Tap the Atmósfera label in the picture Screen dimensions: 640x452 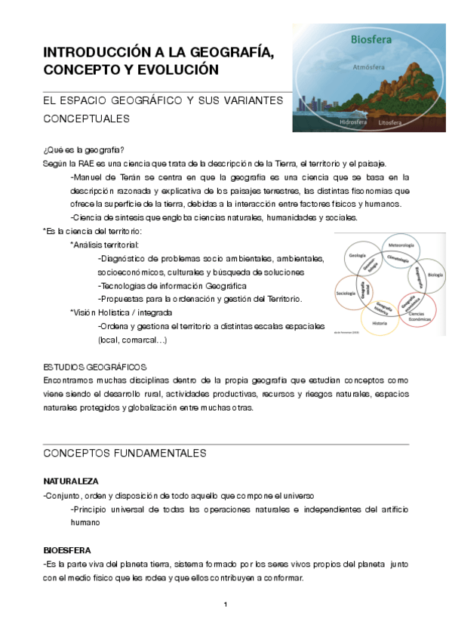coord(370,67)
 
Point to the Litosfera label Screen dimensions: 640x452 coord(392,122)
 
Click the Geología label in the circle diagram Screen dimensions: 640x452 coord(357,256)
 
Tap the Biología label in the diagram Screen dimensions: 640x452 coord(435,275)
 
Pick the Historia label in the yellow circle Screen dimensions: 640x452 coord(380,323)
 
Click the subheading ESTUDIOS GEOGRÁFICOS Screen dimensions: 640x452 coord(89,367)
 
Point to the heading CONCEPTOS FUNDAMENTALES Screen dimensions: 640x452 coord(125,454)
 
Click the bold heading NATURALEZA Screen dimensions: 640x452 coord(71,481)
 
